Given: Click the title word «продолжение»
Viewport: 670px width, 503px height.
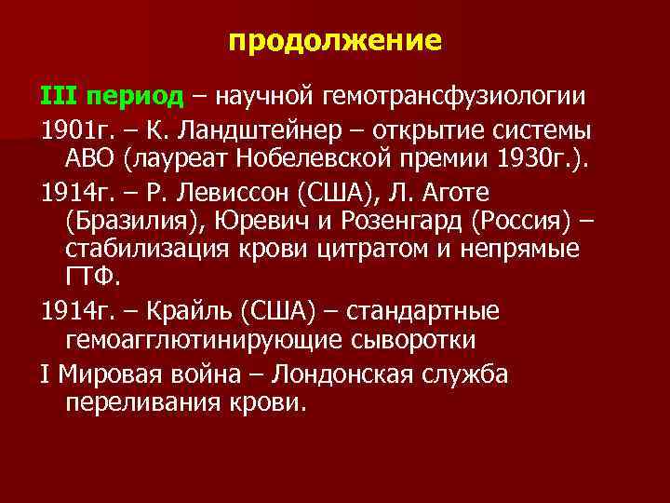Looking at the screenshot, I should click(x=335, y=41).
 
